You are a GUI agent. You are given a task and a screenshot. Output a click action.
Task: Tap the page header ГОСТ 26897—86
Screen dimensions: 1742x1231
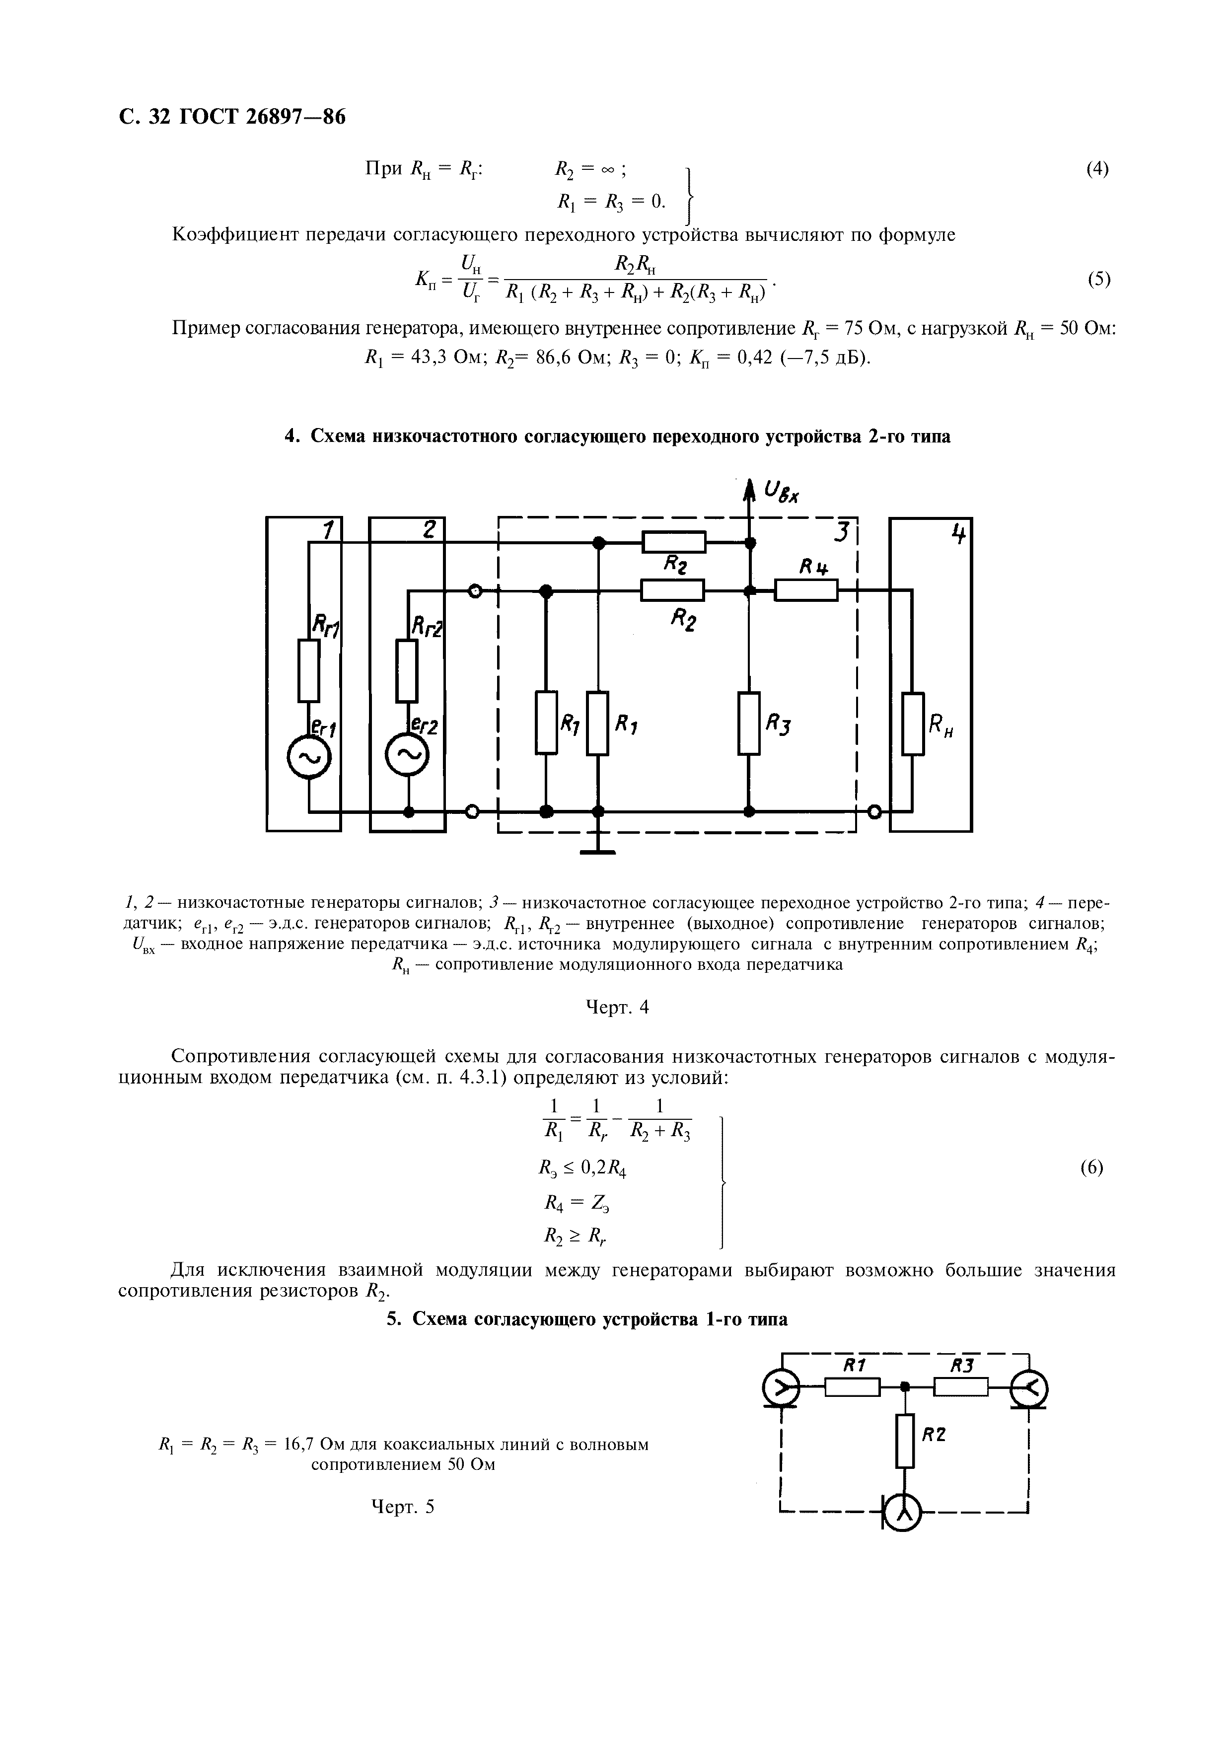(x=261, y=117)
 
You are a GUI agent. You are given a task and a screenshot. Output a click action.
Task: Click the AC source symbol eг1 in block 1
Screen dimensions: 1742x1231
(x=309, y=756)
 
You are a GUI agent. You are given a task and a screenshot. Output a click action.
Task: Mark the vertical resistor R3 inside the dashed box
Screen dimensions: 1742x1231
(x=749, y=723)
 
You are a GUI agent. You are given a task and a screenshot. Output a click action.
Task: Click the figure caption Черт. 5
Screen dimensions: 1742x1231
(x=403, y=1528)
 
